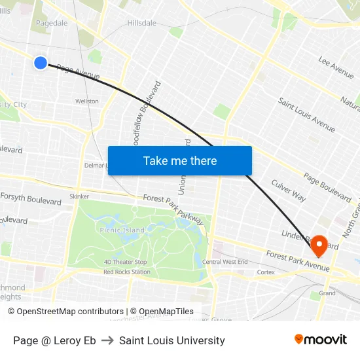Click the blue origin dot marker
point(41,63)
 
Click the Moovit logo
point(321,340)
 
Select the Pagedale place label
point(52,22)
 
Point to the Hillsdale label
point(141,23)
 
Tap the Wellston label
point(87,101)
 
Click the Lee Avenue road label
point(336,63)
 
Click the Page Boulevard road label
point(327,187)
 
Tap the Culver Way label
point(289,190)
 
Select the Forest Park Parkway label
point(173,209)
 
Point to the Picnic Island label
point(122,230)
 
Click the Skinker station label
point(79,196)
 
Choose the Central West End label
point(225,262)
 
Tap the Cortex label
point(266,272)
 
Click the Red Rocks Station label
point(126,272)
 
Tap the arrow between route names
point(107,340)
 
